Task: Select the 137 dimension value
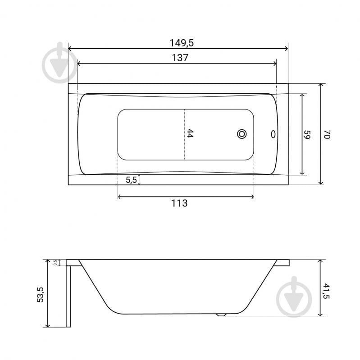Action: [179, 58]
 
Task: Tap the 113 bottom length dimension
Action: [179, 203]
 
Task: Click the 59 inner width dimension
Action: [307, 134]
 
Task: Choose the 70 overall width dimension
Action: [328, 134]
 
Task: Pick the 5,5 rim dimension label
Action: [131, 180]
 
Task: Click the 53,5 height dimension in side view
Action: [41, 294]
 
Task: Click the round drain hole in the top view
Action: [242, 134]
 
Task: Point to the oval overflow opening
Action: [272, 134]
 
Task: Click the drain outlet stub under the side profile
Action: [221, 315]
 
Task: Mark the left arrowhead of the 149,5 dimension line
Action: [70, 49]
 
